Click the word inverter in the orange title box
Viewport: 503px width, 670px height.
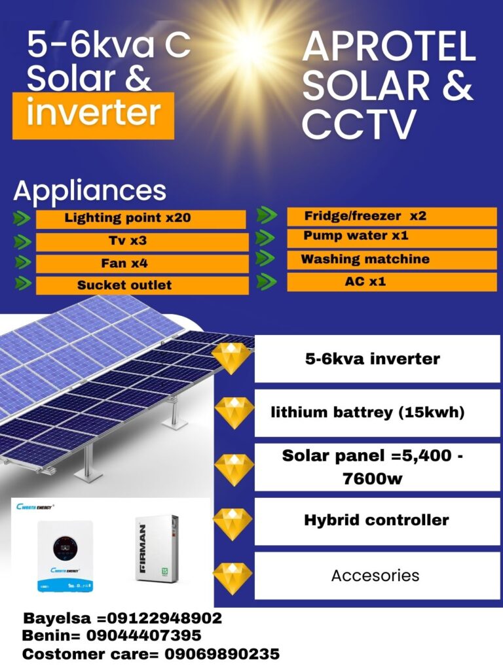(x=94, y=113)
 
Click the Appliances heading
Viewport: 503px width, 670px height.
(x=90, y=190)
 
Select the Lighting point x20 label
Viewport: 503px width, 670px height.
(x=128, y=218)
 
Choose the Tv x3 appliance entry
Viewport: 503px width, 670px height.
(x=128, y=241)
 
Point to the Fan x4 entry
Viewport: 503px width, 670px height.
(x=124, y=263)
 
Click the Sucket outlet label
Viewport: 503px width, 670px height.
(x=124, y=285)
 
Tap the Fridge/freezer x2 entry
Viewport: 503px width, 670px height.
(x=365, y=216)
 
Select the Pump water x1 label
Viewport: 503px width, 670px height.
(x=356, y=236)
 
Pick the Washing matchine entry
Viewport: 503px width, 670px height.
(x=365, y=259)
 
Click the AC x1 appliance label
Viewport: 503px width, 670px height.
(x=365, y=281)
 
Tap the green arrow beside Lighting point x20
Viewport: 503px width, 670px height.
(x=22, y=218)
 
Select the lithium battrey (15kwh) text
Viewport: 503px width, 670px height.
(x=368, y=412)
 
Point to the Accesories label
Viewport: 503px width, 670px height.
(x=375, y=576)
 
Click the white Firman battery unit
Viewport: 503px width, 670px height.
(x=157, y=548)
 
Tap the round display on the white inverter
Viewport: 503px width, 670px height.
(x=65, y=548)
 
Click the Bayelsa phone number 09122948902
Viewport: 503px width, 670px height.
(x=164, y=618)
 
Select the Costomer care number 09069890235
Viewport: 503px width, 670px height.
(x=222, y=654)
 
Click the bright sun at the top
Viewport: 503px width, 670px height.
(x=250, y=46)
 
